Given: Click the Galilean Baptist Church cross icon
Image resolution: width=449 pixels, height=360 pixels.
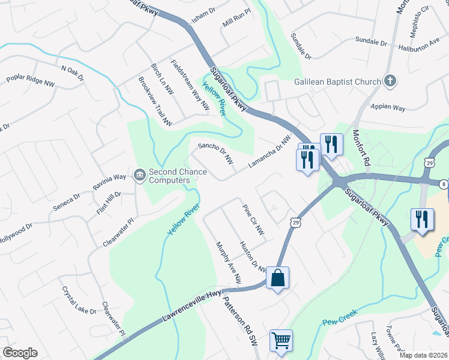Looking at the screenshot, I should pyautogui.click(x=390, y=82).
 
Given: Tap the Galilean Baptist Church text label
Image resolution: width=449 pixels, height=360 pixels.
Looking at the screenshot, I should pyautogui.click(x=337, y=82).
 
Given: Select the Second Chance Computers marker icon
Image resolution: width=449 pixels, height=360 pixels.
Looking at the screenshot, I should pyautogui.click(x=140, y=175).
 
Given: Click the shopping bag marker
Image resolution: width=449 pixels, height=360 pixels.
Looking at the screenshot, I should pyautogui.click(x=277, y=278).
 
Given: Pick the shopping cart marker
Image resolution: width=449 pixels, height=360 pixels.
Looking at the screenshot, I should pyautogui.click(x=281, y=341).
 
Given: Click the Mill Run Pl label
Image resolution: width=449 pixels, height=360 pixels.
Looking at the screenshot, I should pyautogui.click(x=235, y=25).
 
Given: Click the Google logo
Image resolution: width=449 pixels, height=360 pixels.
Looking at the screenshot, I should pyautogui.click(x=20, y=353).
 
